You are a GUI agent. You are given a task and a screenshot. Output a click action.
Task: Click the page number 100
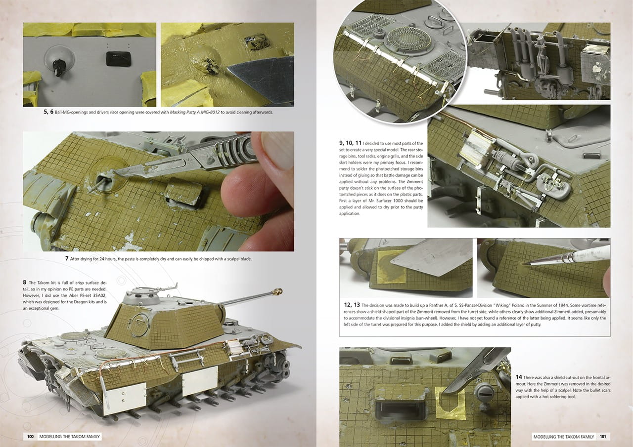point(30,437)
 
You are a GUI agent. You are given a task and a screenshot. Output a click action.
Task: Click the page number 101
point(603,437)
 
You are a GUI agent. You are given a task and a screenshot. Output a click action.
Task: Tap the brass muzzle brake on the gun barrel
point(278,291)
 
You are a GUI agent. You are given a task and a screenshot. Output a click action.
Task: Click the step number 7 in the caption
point(67,258)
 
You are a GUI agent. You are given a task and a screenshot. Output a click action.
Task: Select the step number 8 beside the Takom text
point(25,283)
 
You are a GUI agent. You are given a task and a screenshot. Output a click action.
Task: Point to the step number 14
point(519,377)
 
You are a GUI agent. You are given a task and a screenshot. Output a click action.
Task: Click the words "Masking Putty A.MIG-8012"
point(195,112)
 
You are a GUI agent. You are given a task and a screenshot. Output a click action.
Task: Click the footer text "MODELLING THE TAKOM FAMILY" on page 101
point(564,437)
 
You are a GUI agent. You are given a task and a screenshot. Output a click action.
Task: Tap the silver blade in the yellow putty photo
point(264,79)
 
